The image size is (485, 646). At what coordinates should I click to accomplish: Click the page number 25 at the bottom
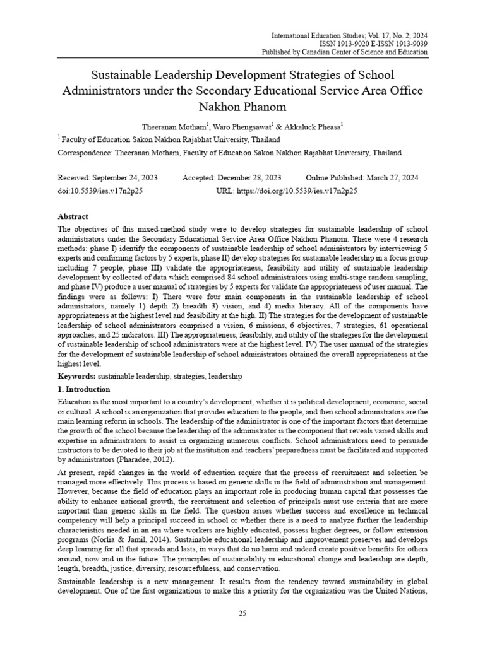[x=242, y=615]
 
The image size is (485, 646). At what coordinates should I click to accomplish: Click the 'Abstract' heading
[x=73, y=216]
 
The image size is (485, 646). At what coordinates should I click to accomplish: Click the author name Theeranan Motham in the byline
[x=172, y=126]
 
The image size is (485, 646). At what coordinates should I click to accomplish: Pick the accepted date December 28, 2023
[x=251, y=178]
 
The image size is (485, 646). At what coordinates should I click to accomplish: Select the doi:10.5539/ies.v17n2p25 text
[x=100, y=191]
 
